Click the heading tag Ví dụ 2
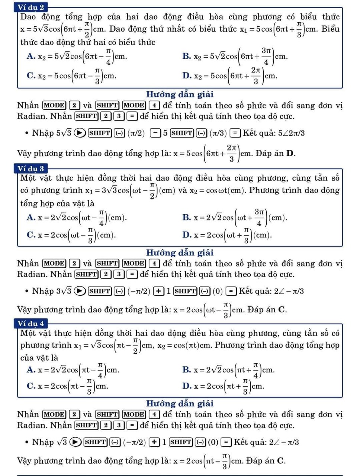(31, 7)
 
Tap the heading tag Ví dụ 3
(31, 168)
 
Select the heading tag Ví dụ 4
(31, 324)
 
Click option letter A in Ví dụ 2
(31, 56)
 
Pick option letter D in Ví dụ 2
(187, 75)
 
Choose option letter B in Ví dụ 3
(187, 218)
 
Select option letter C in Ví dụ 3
(31, 235)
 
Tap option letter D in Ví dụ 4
(187, 386)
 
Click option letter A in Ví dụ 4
(31, 370)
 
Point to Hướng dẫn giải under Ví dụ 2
(180, 94)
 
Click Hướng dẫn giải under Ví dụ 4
(180, 403)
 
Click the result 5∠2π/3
(292, 133)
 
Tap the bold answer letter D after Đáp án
(290, 154)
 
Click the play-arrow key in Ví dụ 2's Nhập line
(79, 133)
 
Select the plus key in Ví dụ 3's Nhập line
(158, 291)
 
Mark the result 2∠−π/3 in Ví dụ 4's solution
(284, 442)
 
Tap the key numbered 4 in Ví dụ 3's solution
(154, 264)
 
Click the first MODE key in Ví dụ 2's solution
(54, 106)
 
